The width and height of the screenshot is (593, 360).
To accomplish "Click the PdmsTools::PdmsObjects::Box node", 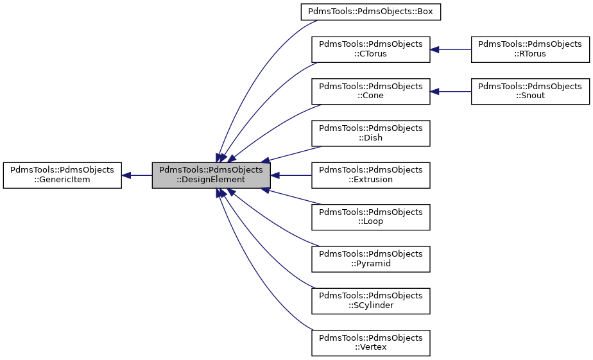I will point(370,11).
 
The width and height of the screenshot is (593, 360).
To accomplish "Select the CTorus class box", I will point(370,49).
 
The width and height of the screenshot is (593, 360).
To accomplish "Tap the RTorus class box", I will point(529,49).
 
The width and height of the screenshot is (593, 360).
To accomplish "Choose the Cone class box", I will point(370,92).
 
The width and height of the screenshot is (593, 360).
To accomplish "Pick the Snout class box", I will point(529,92).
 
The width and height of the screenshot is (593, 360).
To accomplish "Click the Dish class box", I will point(370,133).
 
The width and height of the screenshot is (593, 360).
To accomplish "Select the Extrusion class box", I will point(370,175).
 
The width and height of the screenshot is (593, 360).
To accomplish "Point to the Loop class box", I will point(370,218).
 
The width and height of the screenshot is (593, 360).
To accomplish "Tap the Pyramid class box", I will point(370,259).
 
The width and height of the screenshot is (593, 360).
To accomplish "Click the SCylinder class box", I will point(370,301).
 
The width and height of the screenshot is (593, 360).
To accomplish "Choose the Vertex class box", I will point(370,343).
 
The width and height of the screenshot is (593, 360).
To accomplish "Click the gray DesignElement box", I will point(211,175).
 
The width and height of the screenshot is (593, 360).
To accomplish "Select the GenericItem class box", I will point(62,175).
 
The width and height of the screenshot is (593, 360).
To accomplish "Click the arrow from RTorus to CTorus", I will point(452,49).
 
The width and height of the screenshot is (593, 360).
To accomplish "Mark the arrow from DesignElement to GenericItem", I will point(138,175).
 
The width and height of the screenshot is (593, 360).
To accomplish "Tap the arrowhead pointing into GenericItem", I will point(126,175).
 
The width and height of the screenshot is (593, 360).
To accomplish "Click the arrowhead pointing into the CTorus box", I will point(434,49).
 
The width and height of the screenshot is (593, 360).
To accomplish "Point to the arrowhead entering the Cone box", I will point(434,92).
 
